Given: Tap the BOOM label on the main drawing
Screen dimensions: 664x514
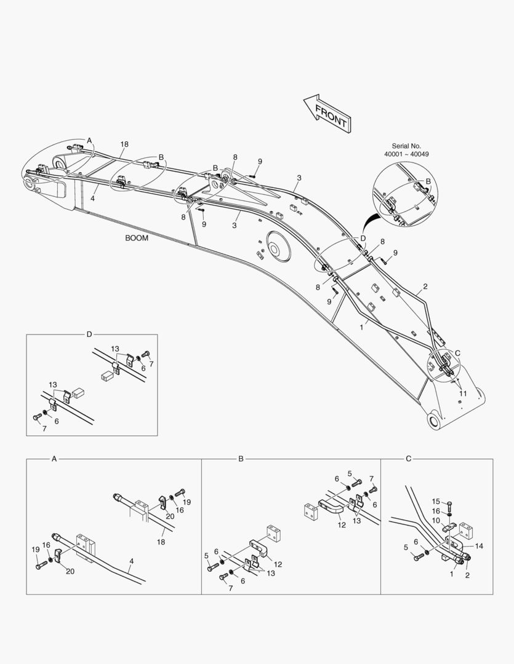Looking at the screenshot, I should tap(137, 238).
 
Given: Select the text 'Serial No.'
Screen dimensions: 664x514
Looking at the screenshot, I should tap(406, 146).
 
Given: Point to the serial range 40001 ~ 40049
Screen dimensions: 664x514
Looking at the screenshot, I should tap(406, 154).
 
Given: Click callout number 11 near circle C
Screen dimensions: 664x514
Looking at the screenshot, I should tap(463, 393).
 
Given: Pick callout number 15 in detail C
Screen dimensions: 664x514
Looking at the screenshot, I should tap(435, 502).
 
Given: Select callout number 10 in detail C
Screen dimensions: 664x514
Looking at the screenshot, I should tap(435, 520).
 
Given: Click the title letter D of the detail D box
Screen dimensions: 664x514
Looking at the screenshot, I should tap(89, 334).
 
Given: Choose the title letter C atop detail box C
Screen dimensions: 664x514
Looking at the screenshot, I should tap(409, 459).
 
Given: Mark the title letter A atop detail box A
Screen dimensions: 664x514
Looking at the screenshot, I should tap(54, 459).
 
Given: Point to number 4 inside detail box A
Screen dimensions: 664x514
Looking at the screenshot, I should tap(131, 561).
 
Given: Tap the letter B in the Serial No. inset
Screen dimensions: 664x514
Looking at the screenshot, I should tap(428, 181).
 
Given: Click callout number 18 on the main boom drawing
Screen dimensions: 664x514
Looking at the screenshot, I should tap(124, 144).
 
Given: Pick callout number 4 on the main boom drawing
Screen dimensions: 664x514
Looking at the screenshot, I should tap(93, 199).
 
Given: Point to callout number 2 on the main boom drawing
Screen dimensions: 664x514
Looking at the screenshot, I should tap(425, 287).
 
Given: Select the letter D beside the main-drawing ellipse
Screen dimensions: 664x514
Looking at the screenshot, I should tap(363, 238).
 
